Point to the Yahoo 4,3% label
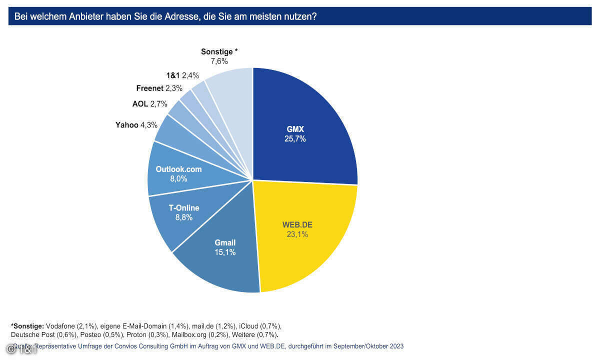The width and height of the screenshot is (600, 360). pos(136,125)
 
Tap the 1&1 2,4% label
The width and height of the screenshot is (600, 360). pos(182,75)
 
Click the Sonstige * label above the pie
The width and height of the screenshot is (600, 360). pos(219,51)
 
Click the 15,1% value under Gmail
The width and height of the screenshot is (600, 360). pos(225,252)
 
